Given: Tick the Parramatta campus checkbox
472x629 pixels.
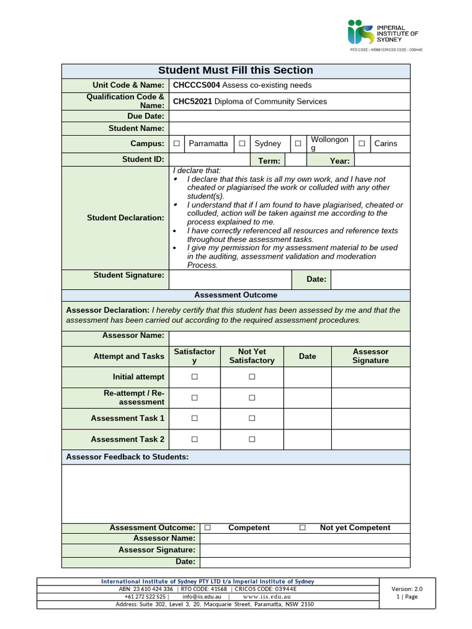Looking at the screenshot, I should coord(176,144).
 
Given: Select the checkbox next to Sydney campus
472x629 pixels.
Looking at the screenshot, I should coord(242,144).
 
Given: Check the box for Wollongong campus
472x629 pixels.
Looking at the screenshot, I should coord(297,144).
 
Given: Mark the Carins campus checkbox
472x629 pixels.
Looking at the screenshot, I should coord(362,144).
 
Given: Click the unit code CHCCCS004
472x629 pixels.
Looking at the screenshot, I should coord(196,85).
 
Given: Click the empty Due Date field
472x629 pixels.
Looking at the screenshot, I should coord(289,116).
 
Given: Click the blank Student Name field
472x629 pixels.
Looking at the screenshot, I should coord(289,128).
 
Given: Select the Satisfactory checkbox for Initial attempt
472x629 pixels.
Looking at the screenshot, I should coord(194,377).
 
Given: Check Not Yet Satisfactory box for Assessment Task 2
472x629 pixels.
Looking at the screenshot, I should coord(251,440).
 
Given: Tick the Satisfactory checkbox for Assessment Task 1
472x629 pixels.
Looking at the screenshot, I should coord(194,418).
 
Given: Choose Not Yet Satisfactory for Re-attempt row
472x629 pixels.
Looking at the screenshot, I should coord(251,398).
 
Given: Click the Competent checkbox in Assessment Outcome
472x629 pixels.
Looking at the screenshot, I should coord(208,528).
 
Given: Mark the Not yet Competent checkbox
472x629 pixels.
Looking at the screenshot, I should coord(302,528).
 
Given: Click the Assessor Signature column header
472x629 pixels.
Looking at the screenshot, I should coord(371,356).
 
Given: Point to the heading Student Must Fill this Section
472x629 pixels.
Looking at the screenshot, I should coord(235,71).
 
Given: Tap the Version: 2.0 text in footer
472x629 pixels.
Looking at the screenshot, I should coord(407,588).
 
